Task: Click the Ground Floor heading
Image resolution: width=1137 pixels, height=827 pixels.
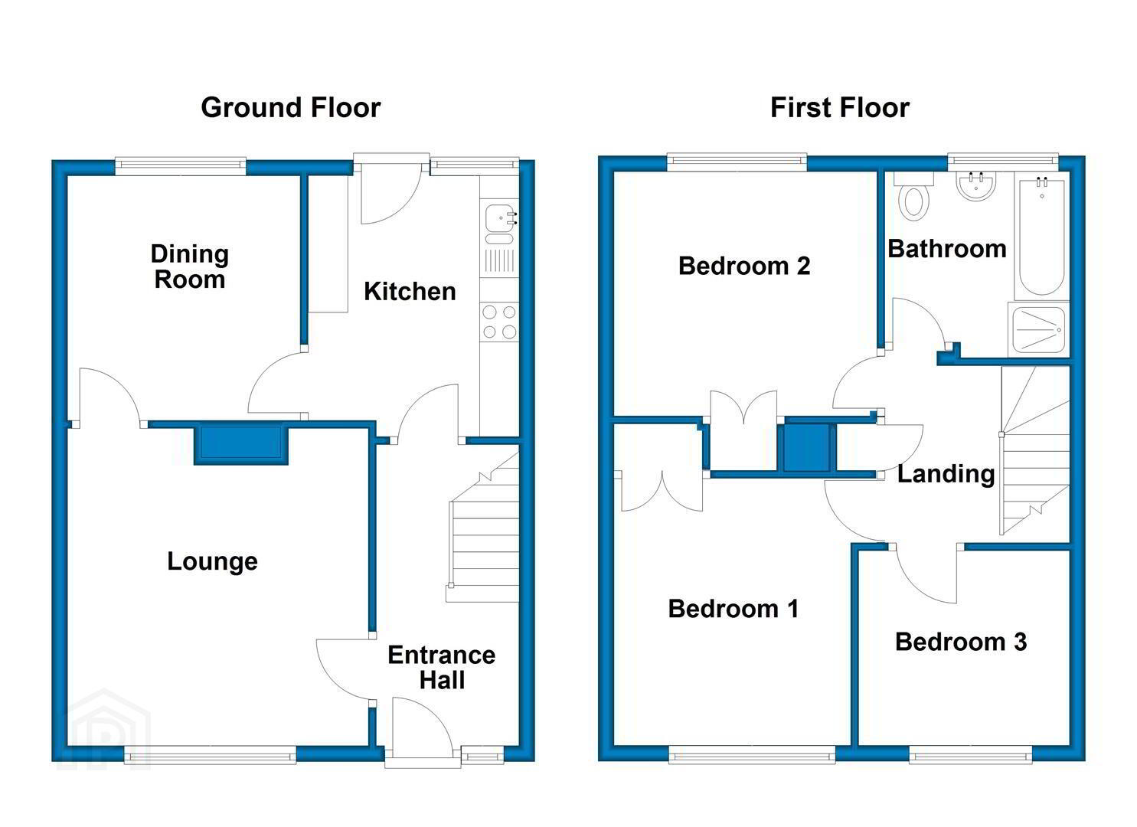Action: [291, 108]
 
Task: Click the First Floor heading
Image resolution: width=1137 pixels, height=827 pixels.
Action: [840, 108]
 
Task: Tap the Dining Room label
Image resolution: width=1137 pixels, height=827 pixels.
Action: [190, 266]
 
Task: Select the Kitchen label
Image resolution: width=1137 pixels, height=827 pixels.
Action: [410, 292]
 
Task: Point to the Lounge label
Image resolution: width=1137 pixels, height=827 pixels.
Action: [212, 561]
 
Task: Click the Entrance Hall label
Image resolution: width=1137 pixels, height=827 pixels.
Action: [442, 667]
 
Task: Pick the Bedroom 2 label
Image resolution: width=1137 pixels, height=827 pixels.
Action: [744, 266]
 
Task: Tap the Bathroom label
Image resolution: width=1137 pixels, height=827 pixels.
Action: [947, 249]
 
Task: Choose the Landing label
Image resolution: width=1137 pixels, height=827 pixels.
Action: [946, 475]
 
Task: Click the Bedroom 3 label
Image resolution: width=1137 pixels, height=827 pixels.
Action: [961, 642]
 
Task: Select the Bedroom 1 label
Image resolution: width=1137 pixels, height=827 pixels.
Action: [733, 609]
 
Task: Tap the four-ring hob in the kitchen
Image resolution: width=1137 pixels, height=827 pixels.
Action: [499, 322]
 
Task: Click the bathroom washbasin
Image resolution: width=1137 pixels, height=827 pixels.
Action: [976, 186]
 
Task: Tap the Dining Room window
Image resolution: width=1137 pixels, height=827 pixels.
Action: [181, 166]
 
